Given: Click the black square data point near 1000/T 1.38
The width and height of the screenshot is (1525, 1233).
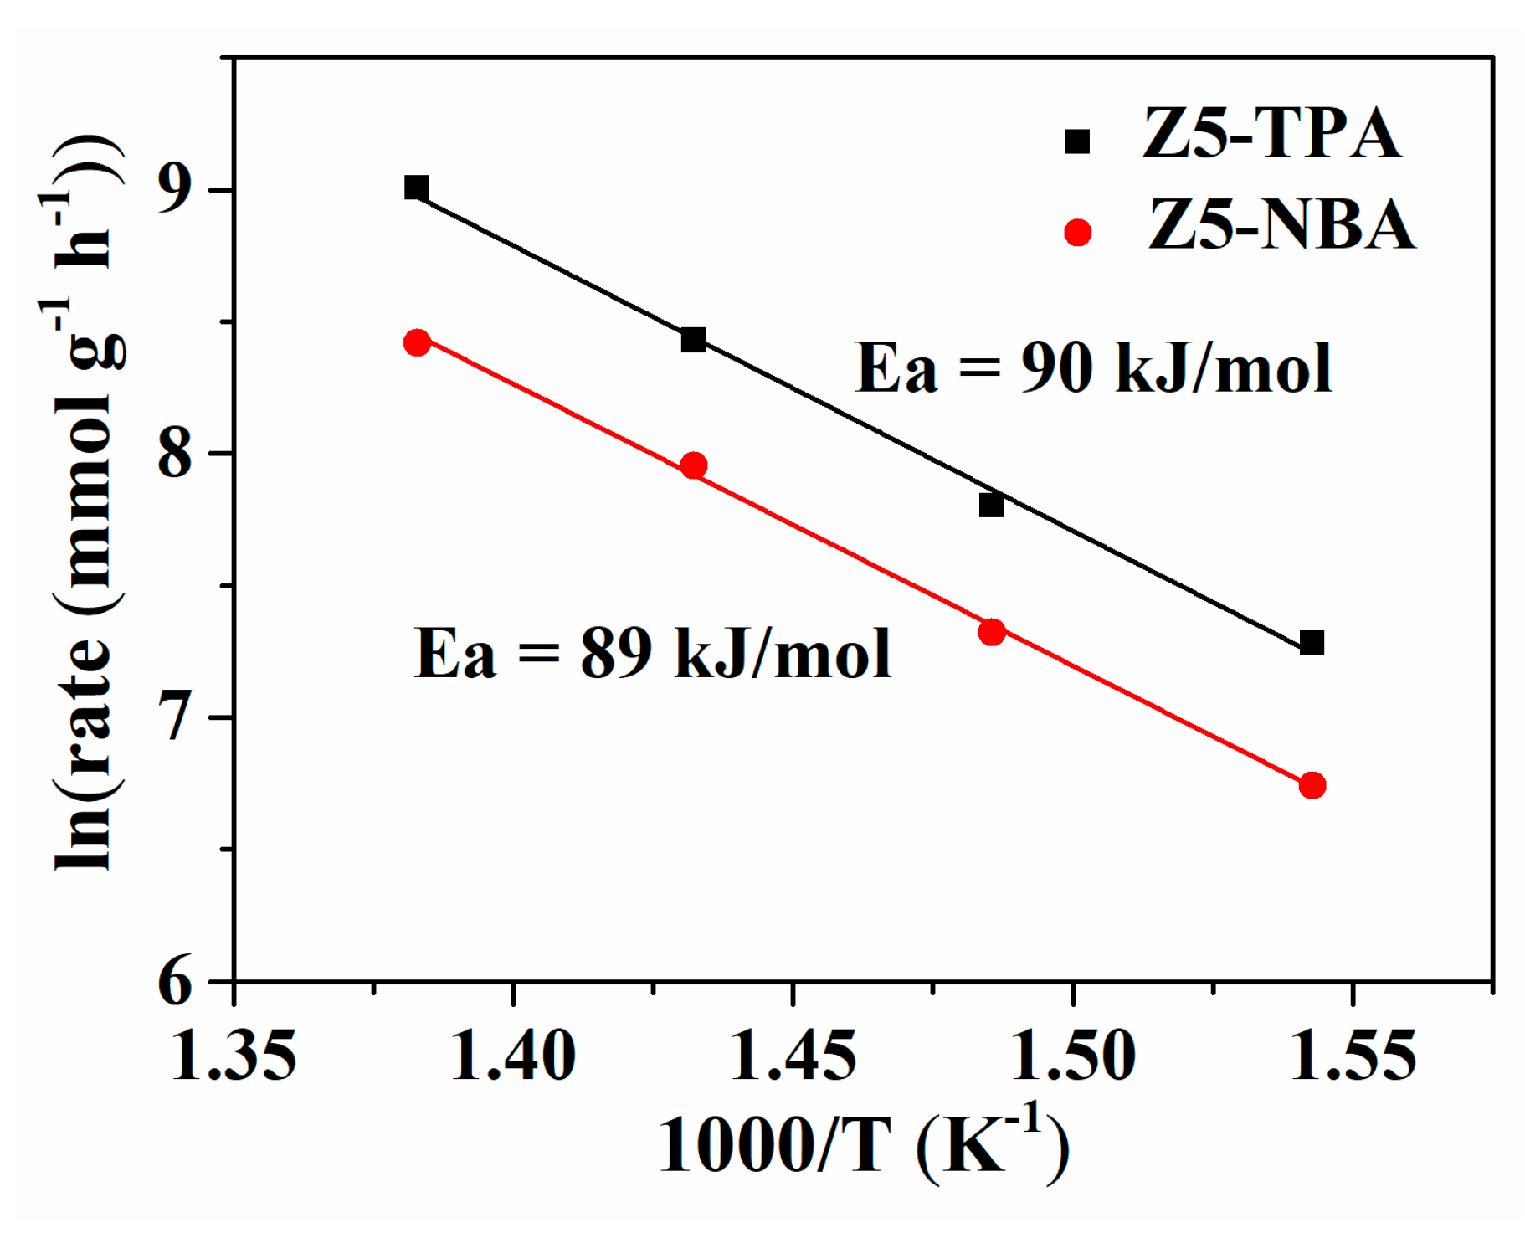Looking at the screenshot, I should click(416, 188).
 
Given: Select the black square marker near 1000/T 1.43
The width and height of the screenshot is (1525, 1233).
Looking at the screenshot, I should click(693, 340).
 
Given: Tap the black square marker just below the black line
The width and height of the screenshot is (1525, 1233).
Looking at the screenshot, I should click(991, 506).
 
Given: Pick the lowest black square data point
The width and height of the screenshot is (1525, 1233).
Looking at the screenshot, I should click(1312, 643).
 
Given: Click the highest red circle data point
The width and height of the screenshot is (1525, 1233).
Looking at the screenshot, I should click(417, 342).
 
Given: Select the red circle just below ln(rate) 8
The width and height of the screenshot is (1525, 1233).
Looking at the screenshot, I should click(693, 465).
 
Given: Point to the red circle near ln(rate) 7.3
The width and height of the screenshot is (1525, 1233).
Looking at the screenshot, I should click(991, 632).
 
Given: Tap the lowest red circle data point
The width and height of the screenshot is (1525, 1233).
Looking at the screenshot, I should click(1312, 785).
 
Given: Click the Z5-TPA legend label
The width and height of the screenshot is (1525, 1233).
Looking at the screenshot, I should click(1271, 134).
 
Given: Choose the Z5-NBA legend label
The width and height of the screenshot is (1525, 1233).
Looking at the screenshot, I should click(1281, 226).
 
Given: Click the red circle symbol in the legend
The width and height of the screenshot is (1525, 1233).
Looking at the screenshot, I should click(1078, 233).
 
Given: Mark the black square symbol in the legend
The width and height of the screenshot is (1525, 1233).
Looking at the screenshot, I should click(1077, 141).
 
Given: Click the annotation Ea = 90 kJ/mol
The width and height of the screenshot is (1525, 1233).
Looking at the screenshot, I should click(1092, 368).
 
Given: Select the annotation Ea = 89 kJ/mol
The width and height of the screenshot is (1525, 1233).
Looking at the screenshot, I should click(652, 654).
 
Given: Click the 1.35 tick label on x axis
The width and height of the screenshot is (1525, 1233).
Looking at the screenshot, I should click(234, 1056).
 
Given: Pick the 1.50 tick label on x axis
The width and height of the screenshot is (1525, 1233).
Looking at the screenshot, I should click(1073, 1056).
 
